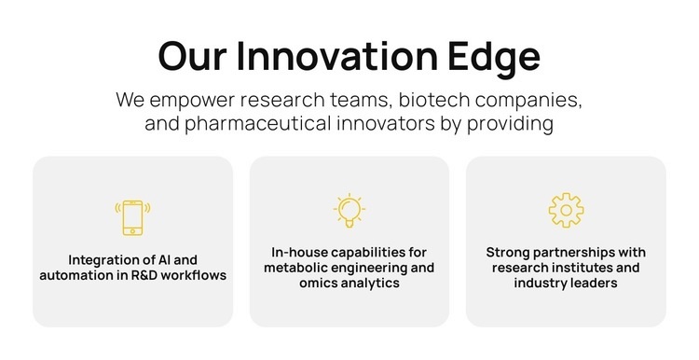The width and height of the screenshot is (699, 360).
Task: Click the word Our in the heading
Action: [192, 57]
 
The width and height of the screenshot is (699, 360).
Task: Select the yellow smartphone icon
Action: [132, 216]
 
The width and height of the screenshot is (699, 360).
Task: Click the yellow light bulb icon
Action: [349, 211]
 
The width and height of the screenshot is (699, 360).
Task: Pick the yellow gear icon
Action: [566, 210]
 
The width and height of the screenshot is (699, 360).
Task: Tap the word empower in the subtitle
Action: [192, 100]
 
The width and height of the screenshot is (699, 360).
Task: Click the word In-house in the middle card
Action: [299, 252]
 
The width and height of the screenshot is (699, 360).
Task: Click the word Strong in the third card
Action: [508, 252]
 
